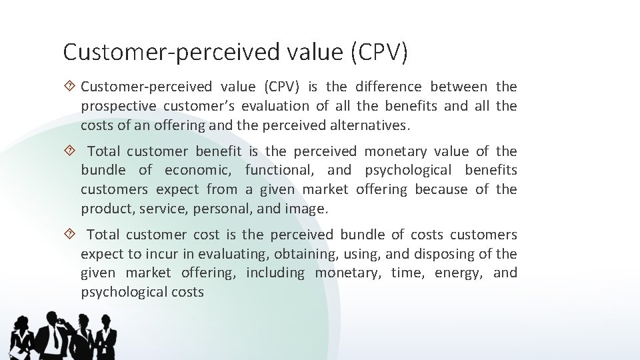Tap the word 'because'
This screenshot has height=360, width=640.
(441, 189)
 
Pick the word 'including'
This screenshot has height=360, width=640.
(275, 273)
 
